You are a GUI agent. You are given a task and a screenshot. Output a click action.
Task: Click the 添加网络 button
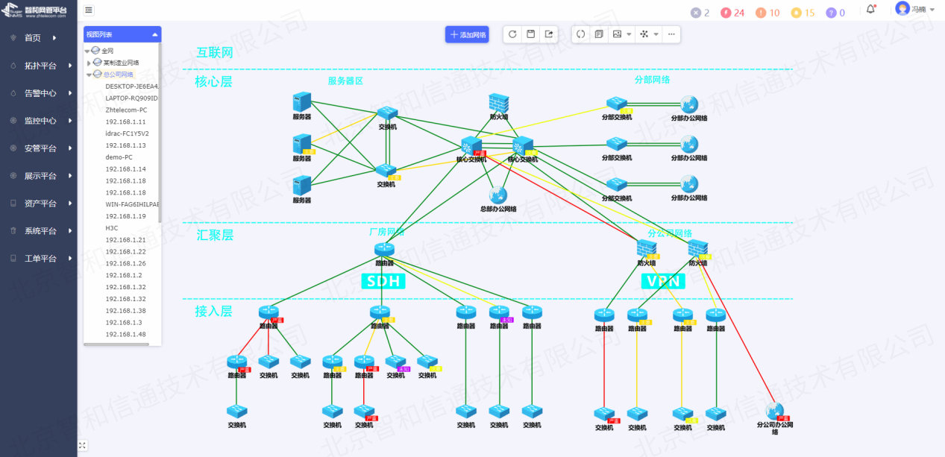(467, 34)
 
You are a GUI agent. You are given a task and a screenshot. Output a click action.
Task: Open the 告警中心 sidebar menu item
(40, 93)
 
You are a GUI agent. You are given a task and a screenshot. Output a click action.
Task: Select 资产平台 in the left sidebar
(40, 204)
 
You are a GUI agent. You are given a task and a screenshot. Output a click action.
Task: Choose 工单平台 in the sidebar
(40, 259)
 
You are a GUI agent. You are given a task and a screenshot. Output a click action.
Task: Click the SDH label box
(383, 281)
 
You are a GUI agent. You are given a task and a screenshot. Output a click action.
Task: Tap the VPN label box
(663, 281)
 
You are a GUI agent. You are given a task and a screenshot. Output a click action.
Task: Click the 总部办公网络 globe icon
(497, 195)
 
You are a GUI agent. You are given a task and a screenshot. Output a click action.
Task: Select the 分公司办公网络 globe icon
(775, 411)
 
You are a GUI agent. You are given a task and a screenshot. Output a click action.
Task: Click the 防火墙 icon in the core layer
(499, 103)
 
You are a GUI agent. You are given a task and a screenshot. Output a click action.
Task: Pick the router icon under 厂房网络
(384, 250)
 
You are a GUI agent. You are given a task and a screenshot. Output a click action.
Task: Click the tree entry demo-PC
(119, 157)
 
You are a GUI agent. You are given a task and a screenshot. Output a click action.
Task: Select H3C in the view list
(112, 228)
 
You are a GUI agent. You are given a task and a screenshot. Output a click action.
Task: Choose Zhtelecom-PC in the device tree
(126, 110)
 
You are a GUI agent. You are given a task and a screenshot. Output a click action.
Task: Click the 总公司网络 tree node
(118, 75)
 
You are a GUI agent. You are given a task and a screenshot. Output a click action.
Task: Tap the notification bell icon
(870, 10)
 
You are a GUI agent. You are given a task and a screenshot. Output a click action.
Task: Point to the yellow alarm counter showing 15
(803, 13)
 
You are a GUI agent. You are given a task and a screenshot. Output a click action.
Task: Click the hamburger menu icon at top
(89, 10)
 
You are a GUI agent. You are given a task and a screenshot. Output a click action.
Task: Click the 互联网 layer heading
(215, 53)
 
